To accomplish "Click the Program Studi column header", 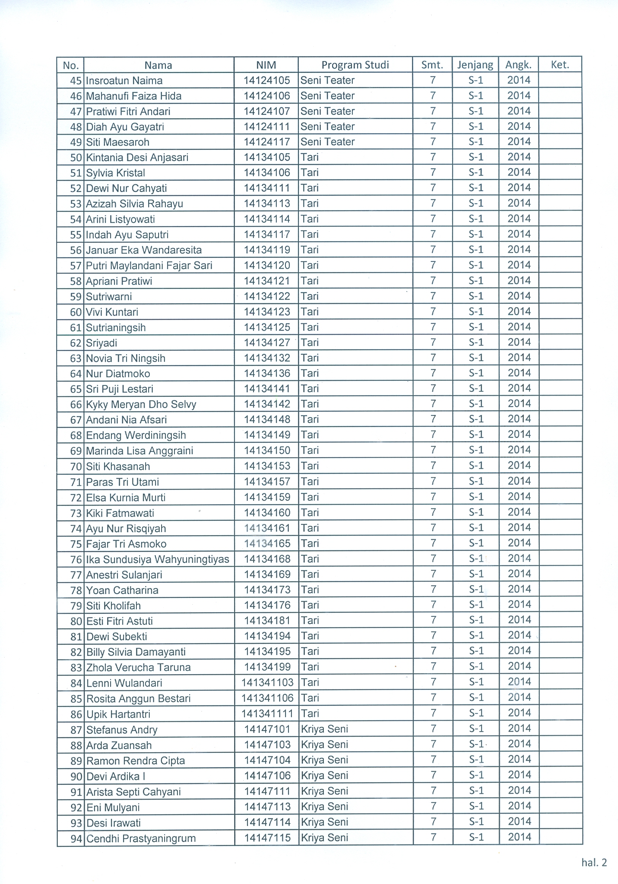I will pos(355,65).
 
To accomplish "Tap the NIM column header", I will pos(266,65).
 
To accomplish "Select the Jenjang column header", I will pos(475,65).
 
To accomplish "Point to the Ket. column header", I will pos(559,65).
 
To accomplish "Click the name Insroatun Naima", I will pos(124,81).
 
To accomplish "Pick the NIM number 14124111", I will pos(266,126).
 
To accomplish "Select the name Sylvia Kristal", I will pos(116,173).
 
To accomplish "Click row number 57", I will pos(76,266).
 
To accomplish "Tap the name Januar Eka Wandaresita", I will pos(144,250).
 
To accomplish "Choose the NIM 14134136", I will pos(267,373).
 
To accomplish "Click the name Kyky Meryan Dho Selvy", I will pos(141,404).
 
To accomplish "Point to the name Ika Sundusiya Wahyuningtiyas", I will pos(157,559).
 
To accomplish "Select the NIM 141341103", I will pos(267,683).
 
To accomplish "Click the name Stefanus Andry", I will pos(122,730).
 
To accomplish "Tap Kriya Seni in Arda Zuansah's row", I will pos(324,745).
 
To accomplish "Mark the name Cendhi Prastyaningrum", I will pos(141,838).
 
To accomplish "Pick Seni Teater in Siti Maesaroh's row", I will pos(327,142).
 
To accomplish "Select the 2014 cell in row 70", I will pos(519,466).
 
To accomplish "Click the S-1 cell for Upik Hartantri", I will pos(476,713).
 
